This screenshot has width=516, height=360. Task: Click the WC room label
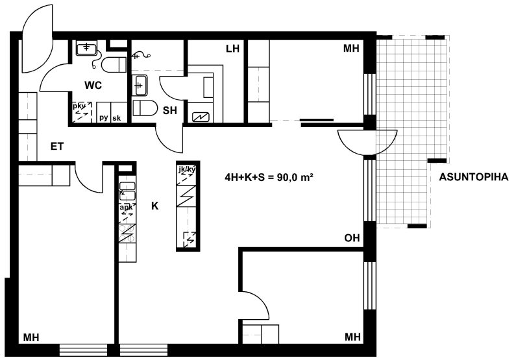point(93,86)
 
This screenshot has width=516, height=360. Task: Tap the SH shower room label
point(170,110)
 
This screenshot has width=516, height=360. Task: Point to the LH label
point(232,49)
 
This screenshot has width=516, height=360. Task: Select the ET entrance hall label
point(57,147)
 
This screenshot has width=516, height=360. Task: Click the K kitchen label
point(154,206)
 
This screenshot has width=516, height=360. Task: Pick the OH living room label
point(352,237)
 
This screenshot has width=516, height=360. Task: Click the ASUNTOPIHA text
point(474,177)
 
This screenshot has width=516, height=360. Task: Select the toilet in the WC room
point(114,64)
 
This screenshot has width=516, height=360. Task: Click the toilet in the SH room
point(145,108)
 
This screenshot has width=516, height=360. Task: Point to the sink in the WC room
point(86,49)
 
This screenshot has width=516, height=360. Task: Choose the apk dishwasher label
point(126,208)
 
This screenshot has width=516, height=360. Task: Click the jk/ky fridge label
point(186,170)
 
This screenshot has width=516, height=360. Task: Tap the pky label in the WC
point(79,106)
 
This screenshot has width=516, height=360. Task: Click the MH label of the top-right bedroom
point(351,49)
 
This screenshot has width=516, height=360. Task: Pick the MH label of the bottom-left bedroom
point(31,337)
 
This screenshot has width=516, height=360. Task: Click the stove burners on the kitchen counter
point(127,234)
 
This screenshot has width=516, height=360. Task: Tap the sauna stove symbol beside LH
point(201,117)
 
